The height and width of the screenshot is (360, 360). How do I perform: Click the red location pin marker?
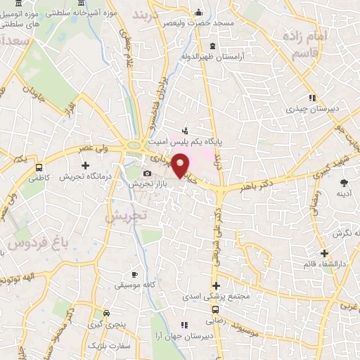pyautogui.click(x=181, y=165)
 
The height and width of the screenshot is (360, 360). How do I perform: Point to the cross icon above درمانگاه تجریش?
pyautogui.click(x=85, y=165)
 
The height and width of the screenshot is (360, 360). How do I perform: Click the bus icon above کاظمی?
pyautogui.click(x=39, y=168)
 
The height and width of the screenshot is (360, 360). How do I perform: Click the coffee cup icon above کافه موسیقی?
pyautogui.click(x=135, y=274)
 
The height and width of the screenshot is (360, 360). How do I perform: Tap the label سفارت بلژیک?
pyautogui.click(x=105, y=347)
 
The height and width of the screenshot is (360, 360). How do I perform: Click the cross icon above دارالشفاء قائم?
pyautogui.click(x=324, y=253)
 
